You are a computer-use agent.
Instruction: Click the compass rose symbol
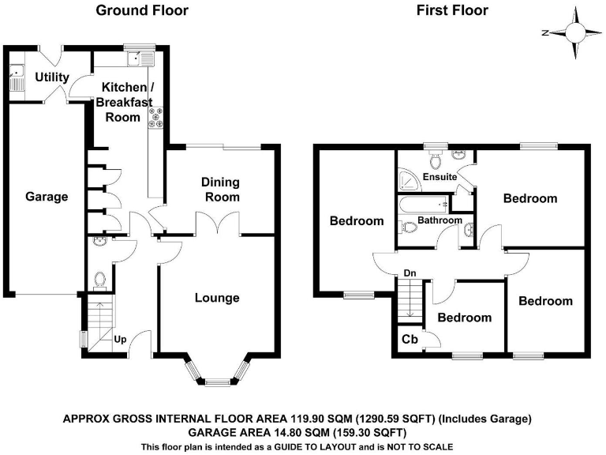[x=575, y=32]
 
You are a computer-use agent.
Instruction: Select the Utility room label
[x=52, y=77]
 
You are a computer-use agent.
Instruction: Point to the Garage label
[x=46, y=197]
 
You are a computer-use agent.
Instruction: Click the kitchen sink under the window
[x=143, y=57]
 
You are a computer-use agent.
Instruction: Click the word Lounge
[x=217, y=298]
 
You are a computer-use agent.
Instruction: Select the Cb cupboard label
[x=410, y=340]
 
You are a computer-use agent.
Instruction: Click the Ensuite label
[x=440, y=177]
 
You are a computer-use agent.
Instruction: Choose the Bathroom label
[x=440, y=220]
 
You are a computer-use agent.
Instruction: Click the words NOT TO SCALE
[x=421, y=446]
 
